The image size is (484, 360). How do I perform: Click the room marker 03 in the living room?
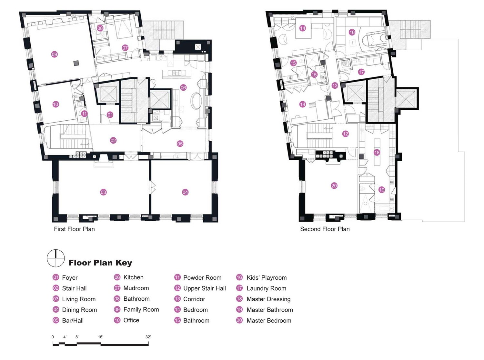(x=103, y=192)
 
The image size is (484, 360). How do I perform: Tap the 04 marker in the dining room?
(x=185, y=192)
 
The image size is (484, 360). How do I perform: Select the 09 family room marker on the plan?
(x=54, y=54)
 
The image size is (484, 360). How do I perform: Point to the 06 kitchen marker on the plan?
(x=183, y=87)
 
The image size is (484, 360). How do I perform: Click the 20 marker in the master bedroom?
(x=334, y=186)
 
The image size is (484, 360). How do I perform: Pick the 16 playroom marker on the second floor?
(x=352, y=32)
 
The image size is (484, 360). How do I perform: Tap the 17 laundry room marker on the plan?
(x=361, y=72)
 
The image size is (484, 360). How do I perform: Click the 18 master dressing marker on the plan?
(x=377, y=152)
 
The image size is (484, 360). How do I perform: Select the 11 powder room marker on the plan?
(x=84, y=114)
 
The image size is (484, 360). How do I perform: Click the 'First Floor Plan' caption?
(x=75, y=229)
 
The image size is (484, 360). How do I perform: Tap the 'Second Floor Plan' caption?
(x=325, y=229)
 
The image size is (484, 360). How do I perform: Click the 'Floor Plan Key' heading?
(x=100, y=263)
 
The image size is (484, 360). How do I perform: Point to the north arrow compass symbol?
(x=56, y=258)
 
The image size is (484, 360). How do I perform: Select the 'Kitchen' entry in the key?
(x=133, y=277)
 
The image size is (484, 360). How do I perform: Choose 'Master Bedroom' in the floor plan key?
(x=269, y=321)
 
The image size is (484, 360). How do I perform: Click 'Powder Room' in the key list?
(x=202, y=277)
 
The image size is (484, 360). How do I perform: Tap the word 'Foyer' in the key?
(x=70, y=278)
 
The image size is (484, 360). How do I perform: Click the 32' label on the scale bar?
(x=148, y=337)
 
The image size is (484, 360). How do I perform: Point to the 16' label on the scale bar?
(x=100, y=337)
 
